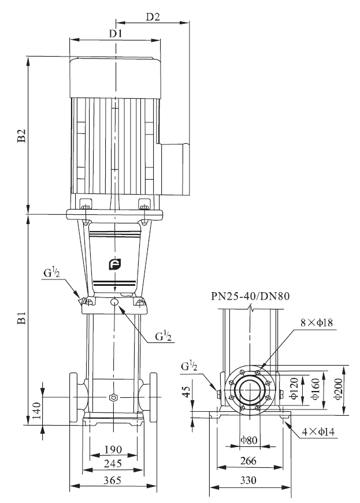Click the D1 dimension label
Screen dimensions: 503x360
116,33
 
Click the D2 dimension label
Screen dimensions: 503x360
153,17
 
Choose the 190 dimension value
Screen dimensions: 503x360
113,449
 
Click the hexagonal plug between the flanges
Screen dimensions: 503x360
113,398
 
